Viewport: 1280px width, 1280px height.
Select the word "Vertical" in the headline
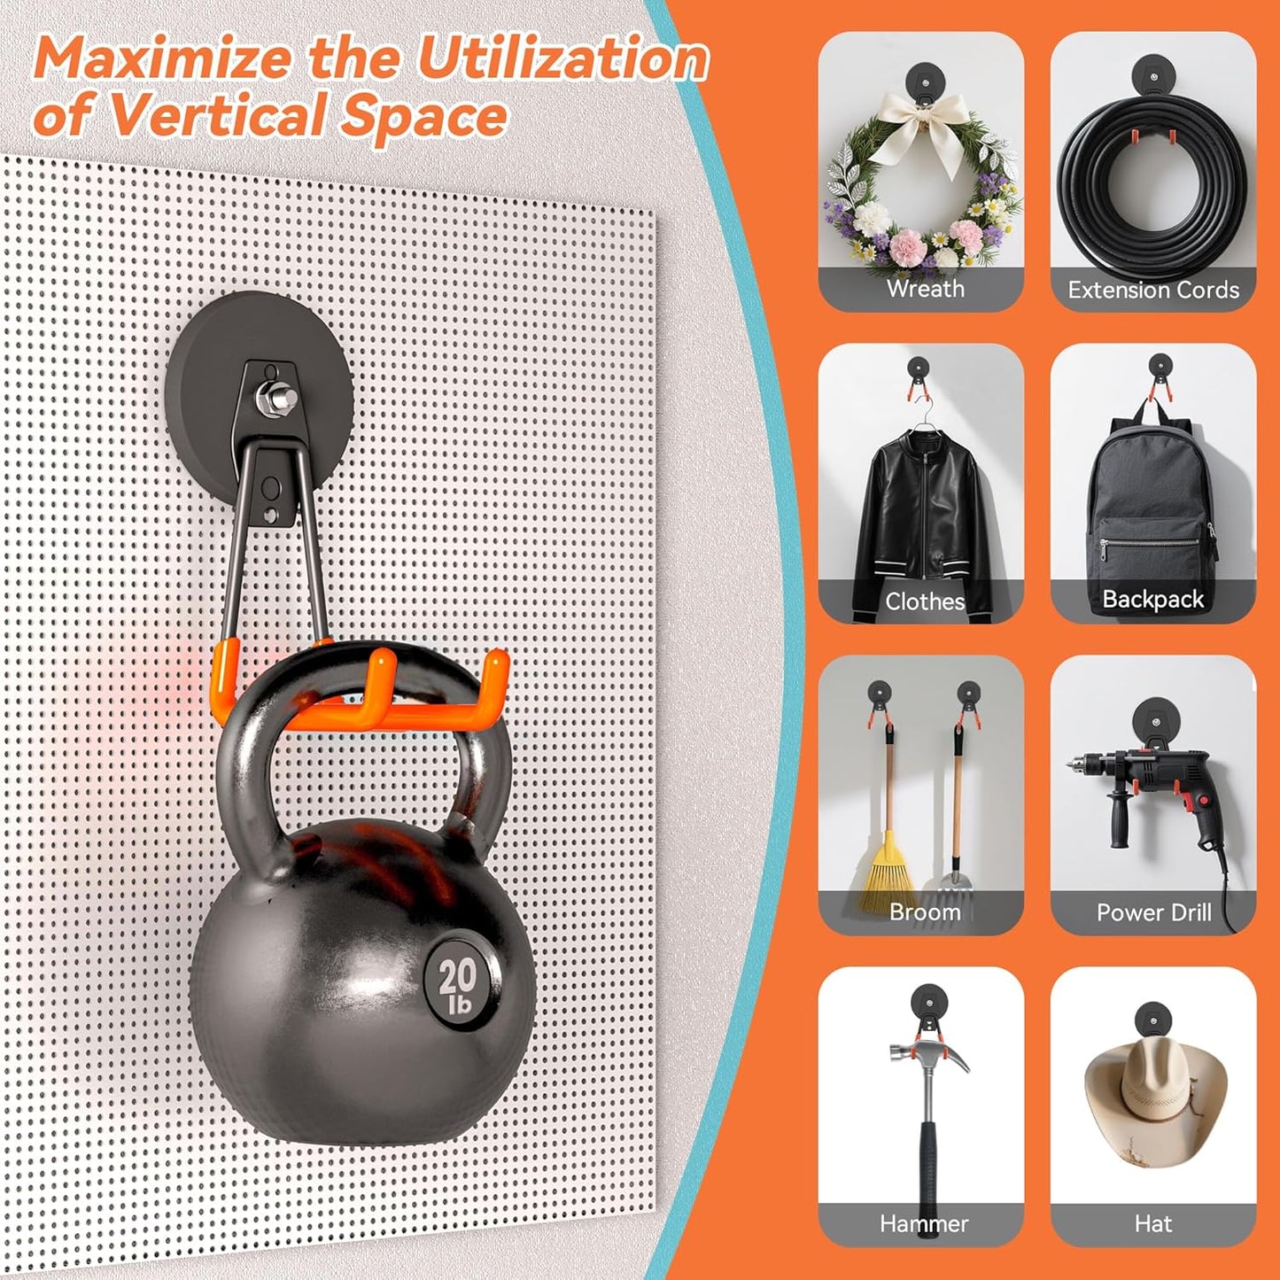click(218, 115)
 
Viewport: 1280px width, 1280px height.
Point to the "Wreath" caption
click(926, 288)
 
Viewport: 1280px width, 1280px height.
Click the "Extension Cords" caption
click(1153, 290)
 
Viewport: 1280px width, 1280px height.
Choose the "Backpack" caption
click(1152, 599)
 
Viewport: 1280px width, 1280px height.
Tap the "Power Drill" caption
click(1154, 912)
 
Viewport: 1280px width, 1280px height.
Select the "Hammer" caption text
click(924, 1223)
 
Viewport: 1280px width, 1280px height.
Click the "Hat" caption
click(1153, 1223)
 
